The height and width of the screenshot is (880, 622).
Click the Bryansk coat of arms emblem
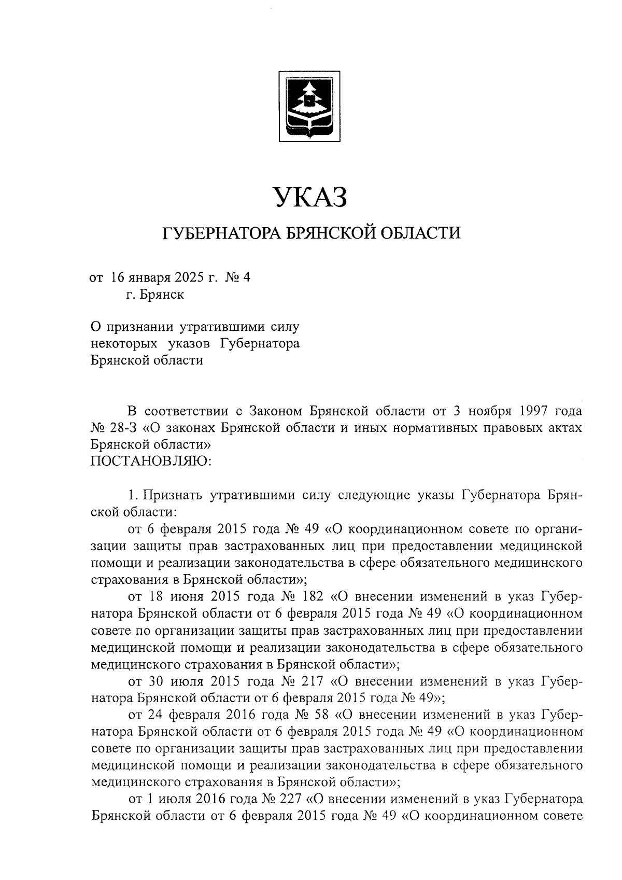click(x=310, y=106)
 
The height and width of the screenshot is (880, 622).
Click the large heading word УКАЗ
click(x=310, y=199)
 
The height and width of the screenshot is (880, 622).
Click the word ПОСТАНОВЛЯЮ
click(x=151, y=460)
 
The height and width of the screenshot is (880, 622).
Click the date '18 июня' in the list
click(x=171, y=597)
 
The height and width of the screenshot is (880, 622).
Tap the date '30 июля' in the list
click(x=171, y=680)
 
